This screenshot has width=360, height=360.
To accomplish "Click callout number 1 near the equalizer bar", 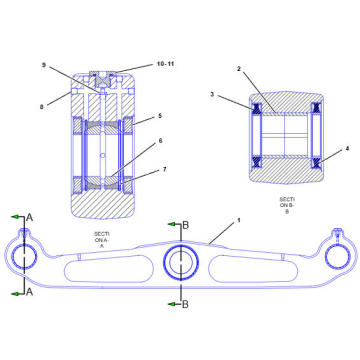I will tap(238, 219).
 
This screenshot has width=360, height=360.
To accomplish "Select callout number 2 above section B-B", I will tap(238, 70).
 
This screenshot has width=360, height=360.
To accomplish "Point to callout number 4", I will tap(346, 150).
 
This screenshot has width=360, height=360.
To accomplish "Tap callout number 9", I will tap(44, 66).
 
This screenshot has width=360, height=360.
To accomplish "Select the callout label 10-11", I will tap(166, 62).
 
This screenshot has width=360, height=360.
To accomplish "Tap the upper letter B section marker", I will tap(185, 223).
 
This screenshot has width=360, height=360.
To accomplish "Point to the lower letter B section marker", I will tap(185, 302).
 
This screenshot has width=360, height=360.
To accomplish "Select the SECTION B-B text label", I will tap(287, 205).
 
